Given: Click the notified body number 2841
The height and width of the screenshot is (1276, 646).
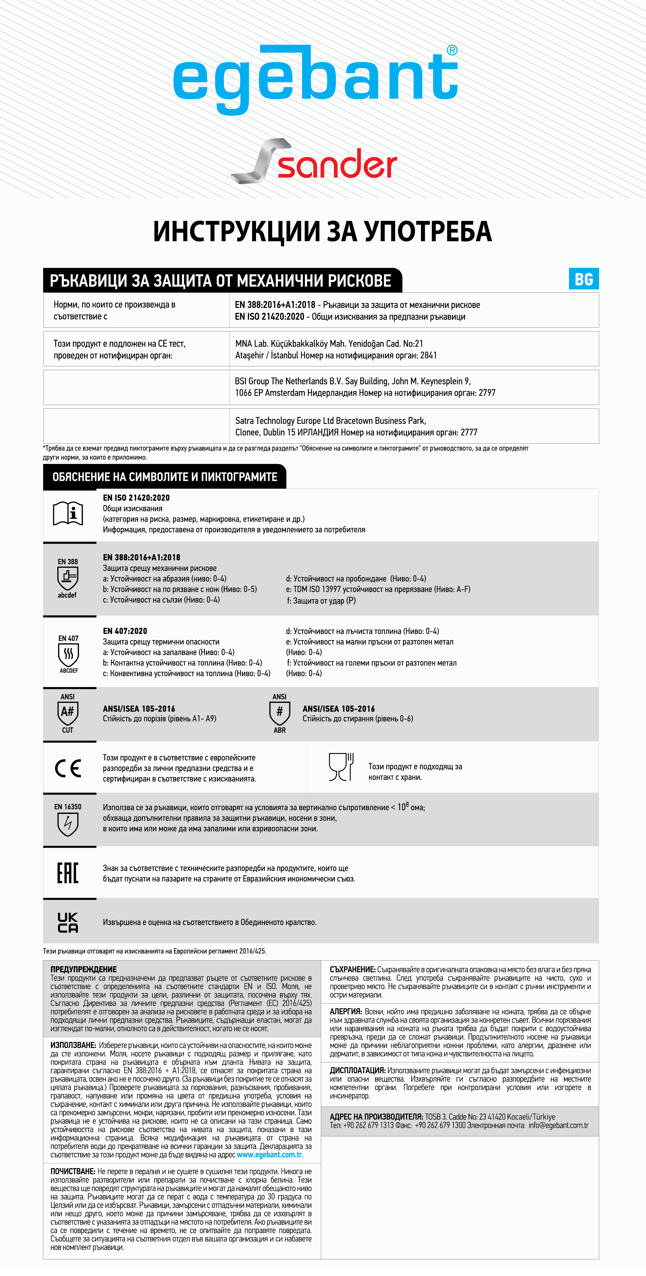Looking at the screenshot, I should (x=428, y=355).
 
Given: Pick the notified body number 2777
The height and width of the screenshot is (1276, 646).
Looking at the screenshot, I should (x=469, y=432).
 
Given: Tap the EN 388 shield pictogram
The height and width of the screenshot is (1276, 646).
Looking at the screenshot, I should (x=68, y=578).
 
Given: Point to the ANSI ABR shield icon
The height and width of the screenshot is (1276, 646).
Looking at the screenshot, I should (x=279, y=713).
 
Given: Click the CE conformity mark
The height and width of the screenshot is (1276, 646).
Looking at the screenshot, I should (x=68, y=768).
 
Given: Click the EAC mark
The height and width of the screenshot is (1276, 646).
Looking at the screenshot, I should (x=68, y=873).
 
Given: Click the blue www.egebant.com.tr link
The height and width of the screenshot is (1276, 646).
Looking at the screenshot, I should (x=270, y=1155).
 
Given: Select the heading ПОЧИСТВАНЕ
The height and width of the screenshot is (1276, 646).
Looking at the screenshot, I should (x=73, y=1171).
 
